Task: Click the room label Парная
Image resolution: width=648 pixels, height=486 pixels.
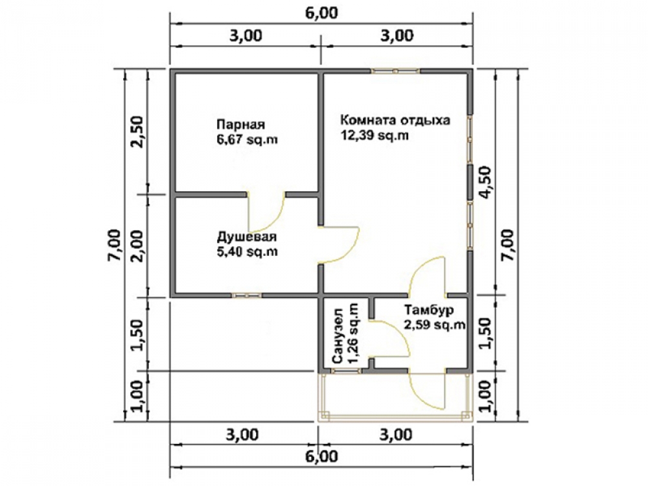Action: coord(240,124)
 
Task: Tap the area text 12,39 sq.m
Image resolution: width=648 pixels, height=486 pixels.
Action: coord(375,135)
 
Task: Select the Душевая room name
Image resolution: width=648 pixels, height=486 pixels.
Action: coord(247,237)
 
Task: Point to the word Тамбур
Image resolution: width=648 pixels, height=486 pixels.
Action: coord(429,310)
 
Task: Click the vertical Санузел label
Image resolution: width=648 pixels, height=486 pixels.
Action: coord(338,336)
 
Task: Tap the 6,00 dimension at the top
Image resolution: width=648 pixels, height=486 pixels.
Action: coord(322,13)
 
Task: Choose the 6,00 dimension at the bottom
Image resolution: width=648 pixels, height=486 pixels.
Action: coord(322,457)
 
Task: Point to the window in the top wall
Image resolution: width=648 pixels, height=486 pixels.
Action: coord(396,71)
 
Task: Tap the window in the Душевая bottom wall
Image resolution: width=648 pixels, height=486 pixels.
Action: coord(246,295)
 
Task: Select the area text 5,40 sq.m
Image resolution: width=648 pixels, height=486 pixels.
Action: coord(247,251)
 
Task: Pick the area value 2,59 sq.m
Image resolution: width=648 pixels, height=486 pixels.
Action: coord(435,325)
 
